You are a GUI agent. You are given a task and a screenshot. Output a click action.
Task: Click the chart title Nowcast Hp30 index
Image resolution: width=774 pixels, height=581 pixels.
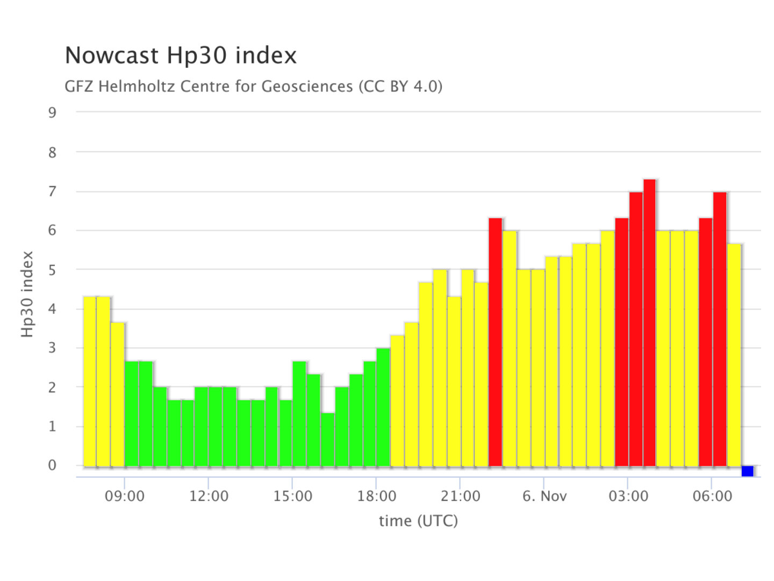[181, 55]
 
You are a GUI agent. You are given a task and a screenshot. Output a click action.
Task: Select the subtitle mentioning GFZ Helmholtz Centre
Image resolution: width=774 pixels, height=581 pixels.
[253, 86]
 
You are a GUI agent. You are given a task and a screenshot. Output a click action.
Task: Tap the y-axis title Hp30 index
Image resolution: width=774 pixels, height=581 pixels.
[27, 294]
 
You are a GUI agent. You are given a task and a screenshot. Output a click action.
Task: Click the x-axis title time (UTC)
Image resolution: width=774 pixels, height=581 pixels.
[418, 521]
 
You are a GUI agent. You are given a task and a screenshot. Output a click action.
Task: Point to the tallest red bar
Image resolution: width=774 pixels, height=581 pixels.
[649, 323]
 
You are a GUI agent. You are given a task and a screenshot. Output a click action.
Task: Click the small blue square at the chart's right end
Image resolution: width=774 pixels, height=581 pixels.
[747, 471]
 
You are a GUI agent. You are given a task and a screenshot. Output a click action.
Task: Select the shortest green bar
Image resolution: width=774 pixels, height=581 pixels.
[328, 439]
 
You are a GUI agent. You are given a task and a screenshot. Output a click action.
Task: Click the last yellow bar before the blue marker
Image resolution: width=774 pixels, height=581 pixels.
[734, 355]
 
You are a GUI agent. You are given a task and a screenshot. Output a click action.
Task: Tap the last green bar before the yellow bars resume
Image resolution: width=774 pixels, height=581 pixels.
[383, 407]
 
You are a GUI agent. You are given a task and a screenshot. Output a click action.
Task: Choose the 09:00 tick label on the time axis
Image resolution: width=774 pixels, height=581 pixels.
[125, 496]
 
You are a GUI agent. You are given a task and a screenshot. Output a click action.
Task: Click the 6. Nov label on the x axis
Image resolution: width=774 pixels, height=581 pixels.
[544, 496]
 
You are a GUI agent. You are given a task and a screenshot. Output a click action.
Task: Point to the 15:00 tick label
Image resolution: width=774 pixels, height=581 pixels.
[292, 496]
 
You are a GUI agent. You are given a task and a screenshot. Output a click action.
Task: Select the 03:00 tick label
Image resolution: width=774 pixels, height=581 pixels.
[628, 496]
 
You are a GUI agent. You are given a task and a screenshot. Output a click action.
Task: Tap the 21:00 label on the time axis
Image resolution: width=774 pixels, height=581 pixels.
[461, 496]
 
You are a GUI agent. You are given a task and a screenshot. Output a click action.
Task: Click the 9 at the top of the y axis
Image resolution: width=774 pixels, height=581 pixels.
[52, 112]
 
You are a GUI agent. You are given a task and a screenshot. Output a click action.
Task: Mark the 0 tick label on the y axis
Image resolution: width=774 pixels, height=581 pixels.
[52, 465]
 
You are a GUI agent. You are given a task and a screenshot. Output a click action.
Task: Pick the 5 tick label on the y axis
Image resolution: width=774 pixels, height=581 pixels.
[52, 270]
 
